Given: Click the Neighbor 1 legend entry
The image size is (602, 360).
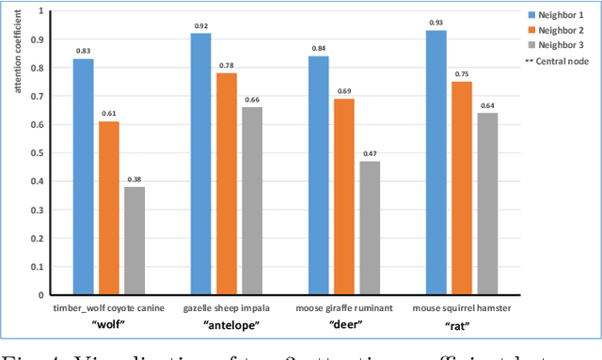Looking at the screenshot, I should tap(556, 15).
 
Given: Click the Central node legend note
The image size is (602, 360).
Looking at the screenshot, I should tap(556, 60).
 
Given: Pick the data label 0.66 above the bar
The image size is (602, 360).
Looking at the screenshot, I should tap(252, 99).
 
